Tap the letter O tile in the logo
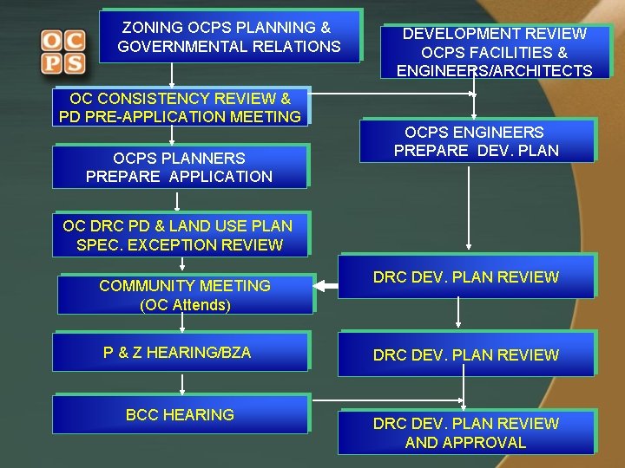51,41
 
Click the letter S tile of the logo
75,63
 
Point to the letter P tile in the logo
51,63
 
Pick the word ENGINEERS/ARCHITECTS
495,71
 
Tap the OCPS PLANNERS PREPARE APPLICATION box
180,167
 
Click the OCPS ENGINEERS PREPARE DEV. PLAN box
477,141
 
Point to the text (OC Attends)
185,305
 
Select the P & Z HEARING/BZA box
180,353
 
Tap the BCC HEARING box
180,415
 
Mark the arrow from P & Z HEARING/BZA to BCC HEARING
182,383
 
